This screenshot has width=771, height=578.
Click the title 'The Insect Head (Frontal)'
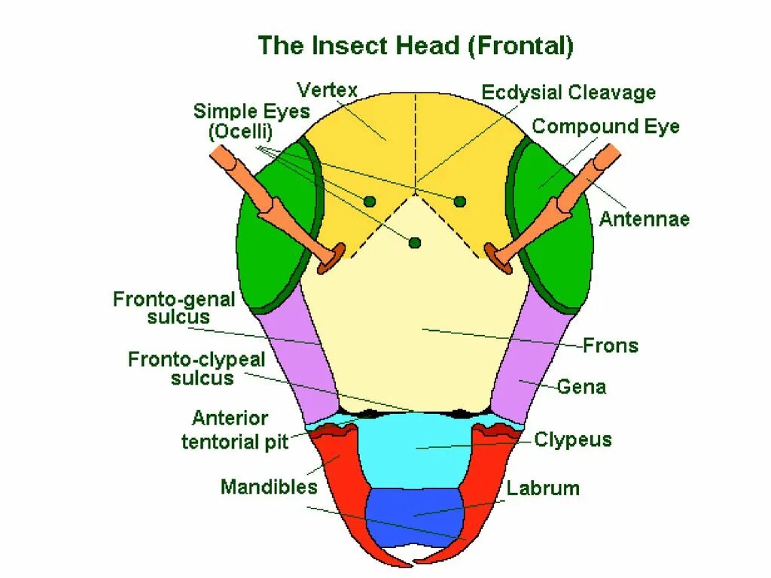[416, 47]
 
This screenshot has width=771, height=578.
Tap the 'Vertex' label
[327, 90]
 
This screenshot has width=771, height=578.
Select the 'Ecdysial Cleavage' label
[568, 93]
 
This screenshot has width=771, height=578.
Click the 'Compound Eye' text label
[605, 126]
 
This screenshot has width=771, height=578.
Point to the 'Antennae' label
[645, 220]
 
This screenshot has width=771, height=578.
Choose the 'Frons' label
[611, 346]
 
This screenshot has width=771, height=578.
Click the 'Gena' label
[581, 388]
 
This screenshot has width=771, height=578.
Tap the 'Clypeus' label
[572, 440]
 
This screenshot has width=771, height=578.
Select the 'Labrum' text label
[543, 488]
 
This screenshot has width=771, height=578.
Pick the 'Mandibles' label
[269, 487]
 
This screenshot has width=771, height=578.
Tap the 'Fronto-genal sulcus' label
[174, 308]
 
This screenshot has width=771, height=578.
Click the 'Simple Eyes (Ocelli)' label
[251, 121]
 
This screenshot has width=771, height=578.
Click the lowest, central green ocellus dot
[415, 242]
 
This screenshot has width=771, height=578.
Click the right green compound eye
[555, 226]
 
